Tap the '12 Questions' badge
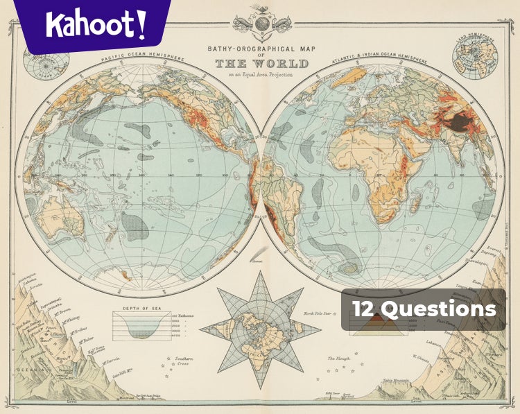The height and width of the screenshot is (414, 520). point(423,309)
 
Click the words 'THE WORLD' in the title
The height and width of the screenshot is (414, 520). point(261,64)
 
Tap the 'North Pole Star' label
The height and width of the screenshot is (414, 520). point(320,314)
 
